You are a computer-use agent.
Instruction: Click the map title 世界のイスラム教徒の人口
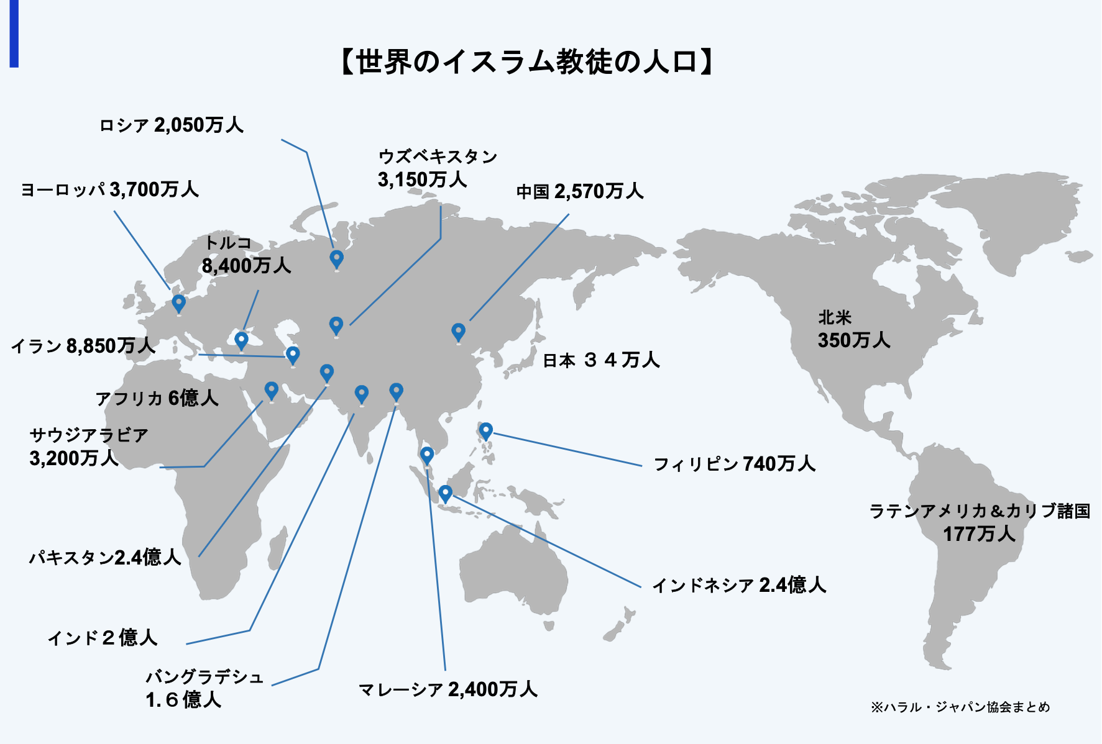(526, 62)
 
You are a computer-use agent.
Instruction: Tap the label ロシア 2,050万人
(171, 125)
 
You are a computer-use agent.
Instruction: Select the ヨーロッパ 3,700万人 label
(109, 189)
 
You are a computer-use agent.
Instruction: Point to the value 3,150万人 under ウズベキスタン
(422, 179)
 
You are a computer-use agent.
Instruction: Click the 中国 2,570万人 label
(580, 191)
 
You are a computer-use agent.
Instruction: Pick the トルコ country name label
(227, 243)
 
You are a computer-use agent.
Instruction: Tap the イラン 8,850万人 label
(83, 346)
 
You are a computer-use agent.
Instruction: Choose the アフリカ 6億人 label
(157, 398)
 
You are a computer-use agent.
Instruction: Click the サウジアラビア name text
(89, 435)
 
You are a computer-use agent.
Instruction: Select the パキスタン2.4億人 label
(105, 557)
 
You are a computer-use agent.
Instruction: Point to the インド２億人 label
(103, 638)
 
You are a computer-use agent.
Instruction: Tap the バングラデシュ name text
(205, 677)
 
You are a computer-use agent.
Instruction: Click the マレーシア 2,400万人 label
(448, 689)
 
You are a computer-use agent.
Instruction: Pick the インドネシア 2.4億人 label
(739, 585)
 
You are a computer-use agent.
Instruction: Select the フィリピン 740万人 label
(734, 464)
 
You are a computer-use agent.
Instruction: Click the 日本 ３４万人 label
(601, 360)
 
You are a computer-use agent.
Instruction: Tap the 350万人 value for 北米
(854, 340)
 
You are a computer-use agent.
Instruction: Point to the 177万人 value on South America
(979, 534)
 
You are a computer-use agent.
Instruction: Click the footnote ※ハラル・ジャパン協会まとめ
(960, 707)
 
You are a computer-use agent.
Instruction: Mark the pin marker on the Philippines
(486, 430)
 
